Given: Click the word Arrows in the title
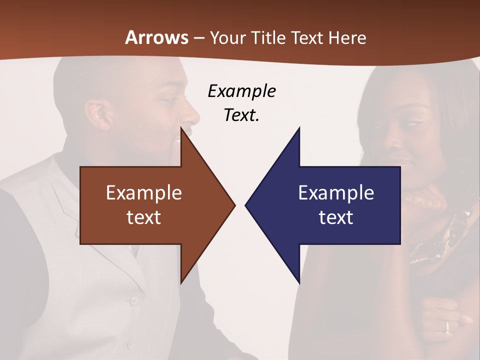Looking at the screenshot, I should pos(157,37).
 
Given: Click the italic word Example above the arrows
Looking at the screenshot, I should pos(241,91).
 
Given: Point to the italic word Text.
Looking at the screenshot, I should pos(241,115).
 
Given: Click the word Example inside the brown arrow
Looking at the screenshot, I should pos(144,192).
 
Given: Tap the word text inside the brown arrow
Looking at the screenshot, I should pos(144,217).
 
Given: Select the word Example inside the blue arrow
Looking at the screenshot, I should pos(336,192).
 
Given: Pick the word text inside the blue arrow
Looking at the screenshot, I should pos(336,217).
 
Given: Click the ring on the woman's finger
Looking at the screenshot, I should pos(447,326).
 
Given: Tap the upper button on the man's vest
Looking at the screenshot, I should pos(133,300).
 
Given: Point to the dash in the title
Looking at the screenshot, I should pos(198,38).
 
